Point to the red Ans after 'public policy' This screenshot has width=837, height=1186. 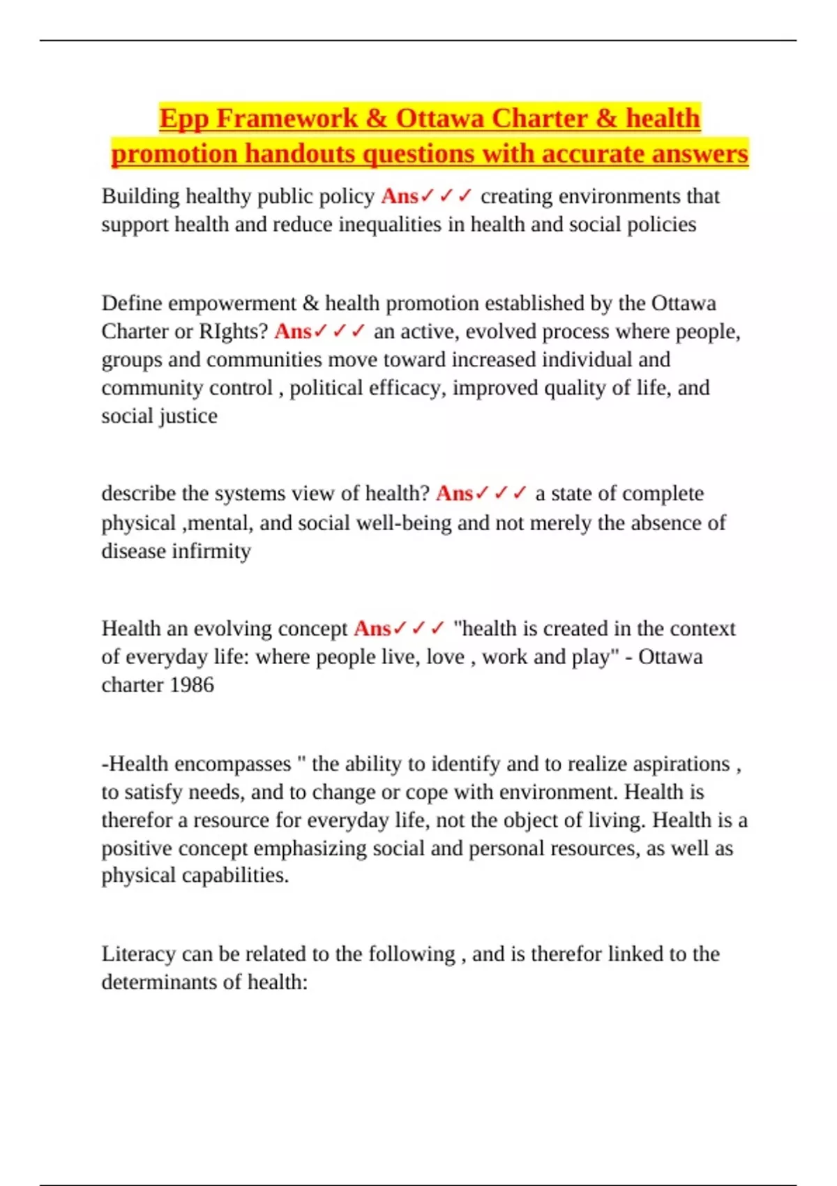pyautogui.click(x=399, y=197)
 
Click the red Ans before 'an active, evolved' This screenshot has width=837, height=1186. pyautogui.click(x=292, y=331)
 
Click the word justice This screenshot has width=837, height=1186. pyautogui.click(x=188, y=416)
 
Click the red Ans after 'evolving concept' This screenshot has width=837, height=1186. pyautogui.click(x=372, y=629)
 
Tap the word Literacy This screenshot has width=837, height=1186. pyautogui.click(x=138, y=954)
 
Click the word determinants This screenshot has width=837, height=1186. pyautogui.click(x=162, y=982)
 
